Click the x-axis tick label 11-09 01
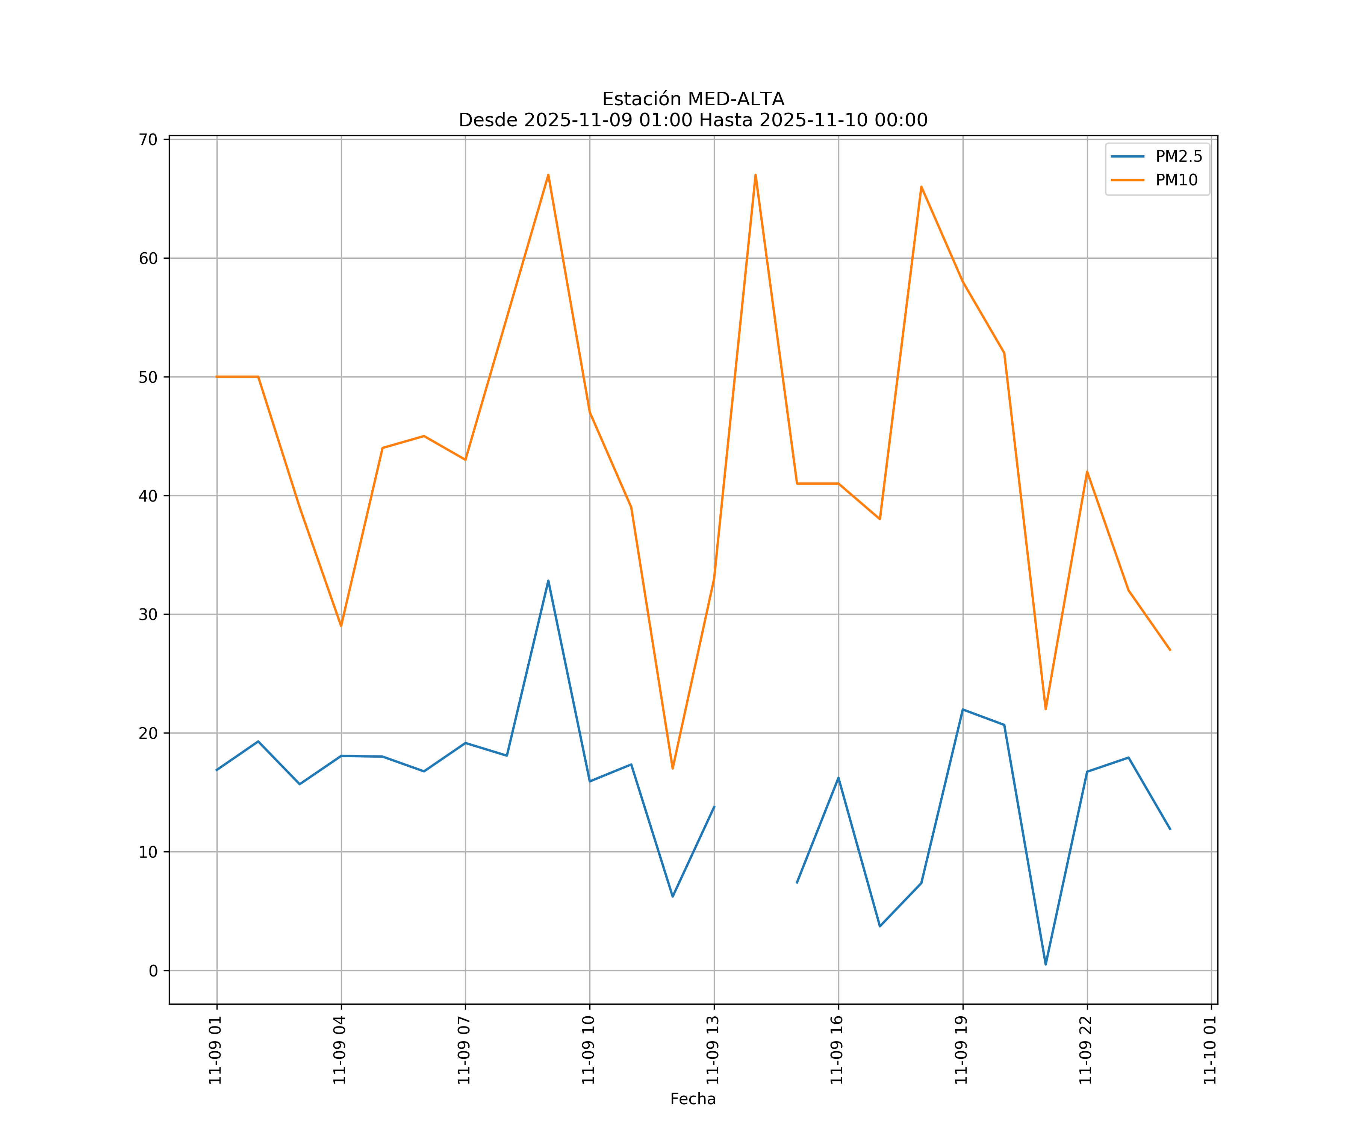[x=215, y=1050]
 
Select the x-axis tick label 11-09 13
[x=713, y=1050]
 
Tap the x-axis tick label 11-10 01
[x=1210, y=1050]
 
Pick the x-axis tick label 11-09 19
[x=961, y=1050]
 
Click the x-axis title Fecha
[x=693, y=1099]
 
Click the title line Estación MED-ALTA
[x=693, y=99]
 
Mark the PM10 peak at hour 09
[x=548, y=175]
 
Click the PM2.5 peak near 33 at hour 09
[x=548, y=581]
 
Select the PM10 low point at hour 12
[x=673, y=768]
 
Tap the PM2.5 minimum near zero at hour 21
[x=1046, y=964]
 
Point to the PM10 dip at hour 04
[x=341, y=626]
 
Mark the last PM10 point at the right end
[x=1170, y=650]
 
